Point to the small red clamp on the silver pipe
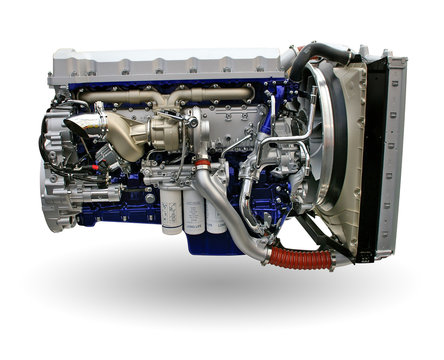[x=203, y=165]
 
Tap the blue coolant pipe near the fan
[x=268, y=150]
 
